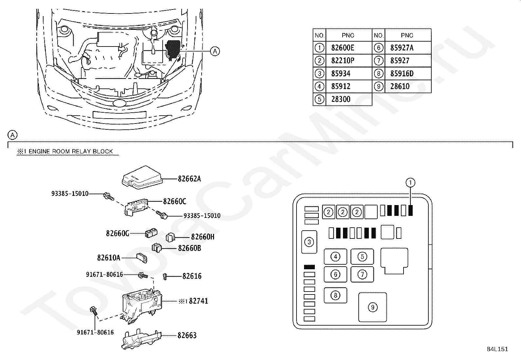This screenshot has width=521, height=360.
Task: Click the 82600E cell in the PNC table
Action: [343, 48]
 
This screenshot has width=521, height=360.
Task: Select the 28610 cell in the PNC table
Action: [400, 86]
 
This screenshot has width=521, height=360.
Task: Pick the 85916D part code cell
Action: [402, 74]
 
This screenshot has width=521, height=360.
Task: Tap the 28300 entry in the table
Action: [341, 99]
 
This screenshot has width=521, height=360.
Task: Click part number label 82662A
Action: [189, 179]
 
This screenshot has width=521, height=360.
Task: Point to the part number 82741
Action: [198, 301]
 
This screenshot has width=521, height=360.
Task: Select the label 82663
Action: [187, 335]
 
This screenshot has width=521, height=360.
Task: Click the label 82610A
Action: [109, 258]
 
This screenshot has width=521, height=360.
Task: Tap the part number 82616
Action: [192, 276]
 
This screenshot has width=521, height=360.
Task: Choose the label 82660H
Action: [203, 237]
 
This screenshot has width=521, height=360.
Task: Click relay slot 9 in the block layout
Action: [372, 307]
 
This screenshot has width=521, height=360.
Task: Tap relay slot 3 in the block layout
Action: [309, 242]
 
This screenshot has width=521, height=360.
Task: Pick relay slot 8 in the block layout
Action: [335, 295]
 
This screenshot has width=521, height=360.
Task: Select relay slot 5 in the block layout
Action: [362, 256]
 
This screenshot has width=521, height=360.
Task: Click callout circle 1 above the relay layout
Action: [410, 182]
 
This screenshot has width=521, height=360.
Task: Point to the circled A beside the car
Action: [215, 51]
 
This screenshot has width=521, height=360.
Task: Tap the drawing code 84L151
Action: [497, 349]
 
